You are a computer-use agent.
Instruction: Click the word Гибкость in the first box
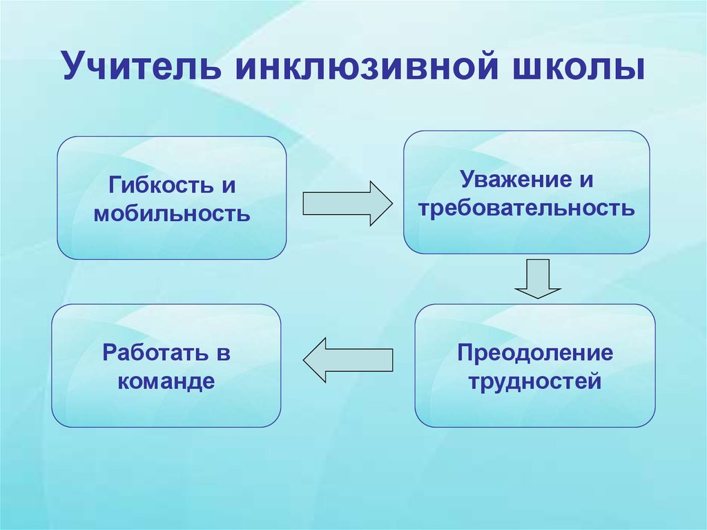155,186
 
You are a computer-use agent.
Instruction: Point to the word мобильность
171,212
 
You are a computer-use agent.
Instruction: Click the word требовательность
526,207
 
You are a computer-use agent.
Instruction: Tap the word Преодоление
534,353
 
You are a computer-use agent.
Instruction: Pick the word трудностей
534,380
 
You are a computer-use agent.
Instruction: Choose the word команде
166,380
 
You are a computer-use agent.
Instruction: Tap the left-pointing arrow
348,359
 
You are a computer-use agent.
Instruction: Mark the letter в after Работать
223,354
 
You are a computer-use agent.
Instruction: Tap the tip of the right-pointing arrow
391,203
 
